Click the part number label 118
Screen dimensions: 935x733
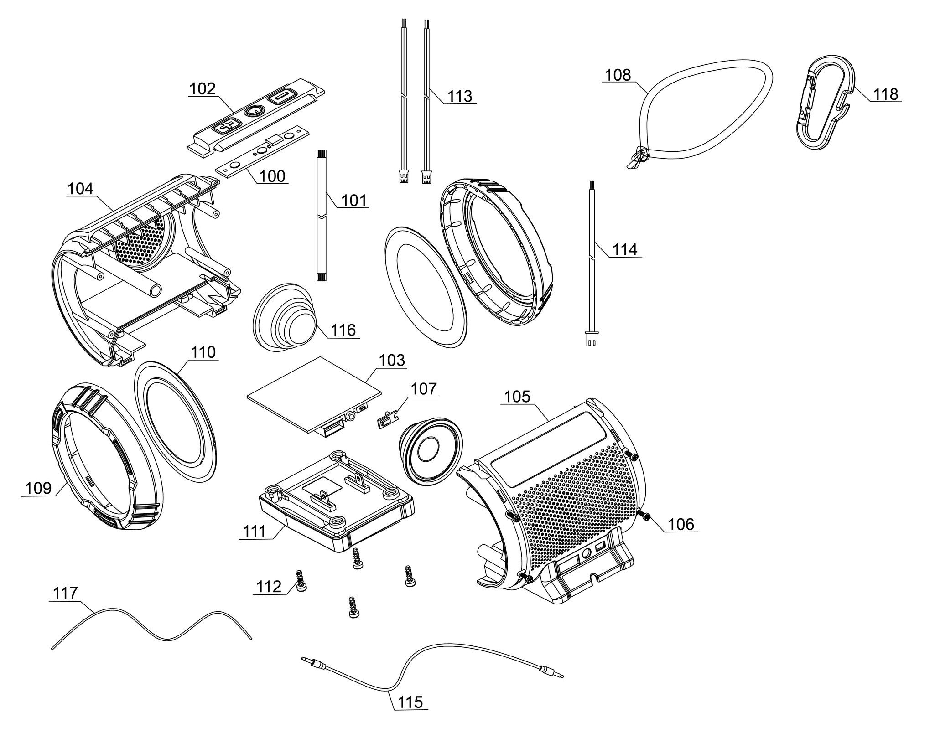point(886,94)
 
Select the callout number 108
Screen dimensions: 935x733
point(618,75)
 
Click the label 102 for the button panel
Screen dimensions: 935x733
point(202,88)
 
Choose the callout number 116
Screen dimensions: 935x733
point(343,330)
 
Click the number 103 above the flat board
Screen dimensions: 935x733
point(392,360)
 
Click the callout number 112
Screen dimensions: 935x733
point(269,586)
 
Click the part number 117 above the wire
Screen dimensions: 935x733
point(66,593)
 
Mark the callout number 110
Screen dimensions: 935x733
point(203,352)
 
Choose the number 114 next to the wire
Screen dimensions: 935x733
point(624,249)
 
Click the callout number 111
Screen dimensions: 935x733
point(254,531)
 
